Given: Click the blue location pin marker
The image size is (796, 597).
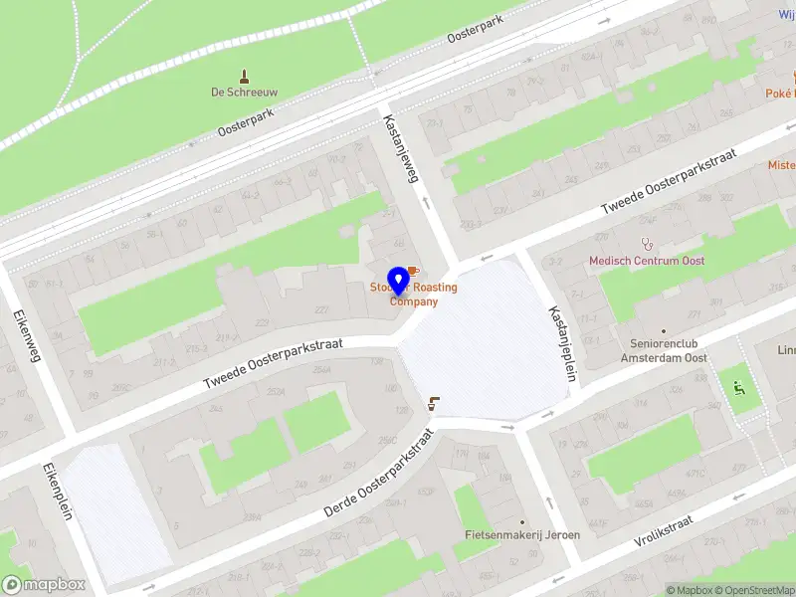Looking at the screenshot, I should [399, 281].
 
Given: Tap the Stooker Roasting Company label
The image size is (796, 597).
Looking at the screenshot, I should [414, 295].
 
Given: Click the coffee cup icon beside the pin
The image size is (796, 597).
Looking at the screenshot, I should [414, 271].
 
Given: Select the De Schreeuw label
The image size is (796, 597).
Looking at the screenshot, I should [244, 93].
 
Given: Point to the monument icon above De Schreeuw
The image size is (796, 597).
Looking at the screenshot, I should [244, 76].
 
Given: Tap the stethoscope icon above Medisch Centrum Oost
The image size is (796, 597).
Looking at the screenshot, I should [648, 243].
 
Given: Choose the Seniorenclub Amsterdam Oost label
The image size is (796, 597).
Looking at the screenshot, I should [662, 351].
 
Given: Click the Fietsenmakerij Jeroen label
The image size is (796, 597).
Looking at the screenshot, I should [522, 534].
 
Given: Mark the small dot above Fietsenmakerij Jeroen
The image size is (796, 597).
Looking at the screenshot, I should [522, 520].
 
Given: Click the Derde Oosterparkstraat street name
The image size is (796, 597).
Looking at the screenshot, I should [380, 474].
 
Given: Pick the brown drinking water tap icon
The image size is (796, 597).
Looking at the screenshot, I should [432, 404].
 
